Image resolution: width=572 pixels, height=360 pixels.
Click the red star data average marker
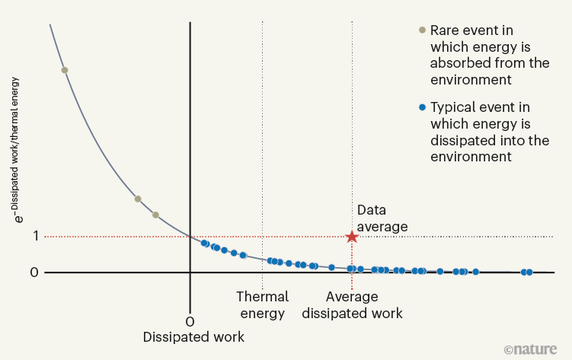352,237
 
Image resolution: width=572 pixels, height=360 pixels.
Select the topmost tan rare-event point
65,70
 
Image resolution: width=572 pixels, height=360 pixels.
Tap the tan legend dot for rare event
421,30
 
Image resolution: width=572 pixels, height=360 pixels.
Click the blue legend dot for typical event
421,107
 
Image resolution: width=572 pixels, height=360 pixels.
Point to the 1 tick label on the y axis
34,237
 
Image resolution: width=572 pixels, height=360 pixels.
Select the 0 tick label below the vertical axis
190,320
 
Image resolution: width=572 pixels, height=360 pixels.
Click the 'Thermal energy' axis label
262,304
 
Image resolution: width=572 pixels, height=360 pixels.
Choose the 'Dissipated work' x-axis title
193,336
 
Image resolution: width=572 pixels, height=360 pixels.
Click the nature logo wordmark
535,349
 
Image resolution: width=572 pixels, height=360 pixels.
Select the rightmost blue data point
529,272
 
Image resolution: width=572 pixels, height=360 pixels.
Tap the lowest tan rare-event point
155,215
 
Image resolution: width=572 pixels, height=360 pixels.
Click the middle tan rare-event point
138,199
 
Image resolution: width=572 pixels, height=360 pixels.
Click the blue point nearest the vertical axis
204,243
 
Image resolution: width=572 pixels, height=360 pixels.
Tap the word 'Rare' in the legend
446,30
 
